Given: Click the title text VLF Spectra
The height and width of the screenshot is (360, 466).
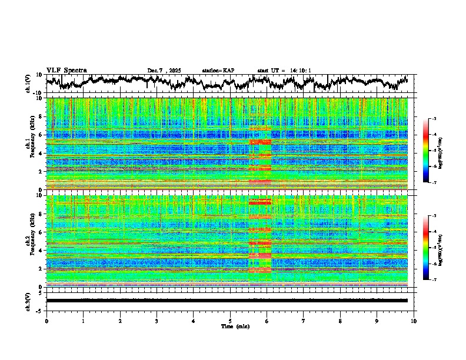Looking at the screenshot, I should coord(66,71).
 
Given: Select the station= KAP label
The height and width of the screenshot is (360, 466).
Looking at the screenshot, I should coord(218,71).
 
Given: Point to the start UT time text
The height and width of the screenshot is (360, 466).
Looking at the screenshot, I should coord(284,71).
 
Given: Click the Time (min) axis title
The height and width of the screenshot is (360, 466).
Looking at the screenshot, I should coord(230,326).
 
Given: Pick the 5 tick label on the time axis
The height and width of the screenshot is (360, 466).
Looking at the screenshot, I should coord(230,321).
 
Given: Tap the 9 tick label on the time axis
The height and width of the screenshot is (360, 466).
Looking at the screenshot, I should coord(377,321).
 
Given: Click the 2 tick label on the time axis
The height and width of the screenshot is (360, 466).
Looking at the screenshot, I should coord(120,321).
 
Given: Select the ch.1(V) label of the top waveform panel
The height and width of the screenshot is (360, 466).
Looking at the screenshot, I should coord(29,84).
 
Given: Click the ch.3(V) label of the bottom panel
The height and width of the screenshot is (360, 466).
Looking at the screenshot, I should coord(29,301).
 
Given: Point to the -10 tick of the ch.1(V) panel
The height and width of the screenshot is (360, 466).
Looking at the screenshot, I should coord(38,93).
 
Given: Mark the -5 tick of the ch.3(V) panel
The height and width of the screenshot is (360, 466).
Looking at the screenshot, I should coord(39,310).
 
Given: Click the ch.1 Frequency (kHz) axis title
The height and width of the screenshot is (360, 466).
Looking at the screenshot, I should coord(29,144).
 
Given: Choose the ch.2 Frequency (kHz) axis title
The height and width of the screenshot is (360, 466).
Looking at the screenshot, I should coord(29,241).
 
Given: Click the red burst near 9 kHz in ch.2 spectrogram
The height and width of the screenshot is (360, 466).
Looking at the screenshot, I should coord(259,202).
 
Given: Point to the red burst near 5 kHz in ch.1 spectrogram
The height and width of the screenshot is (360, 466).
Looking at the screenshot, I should coord(259,142).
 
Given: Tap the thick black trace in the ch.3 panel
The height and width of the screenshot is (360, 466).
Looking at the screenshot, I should coord(227,301).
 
